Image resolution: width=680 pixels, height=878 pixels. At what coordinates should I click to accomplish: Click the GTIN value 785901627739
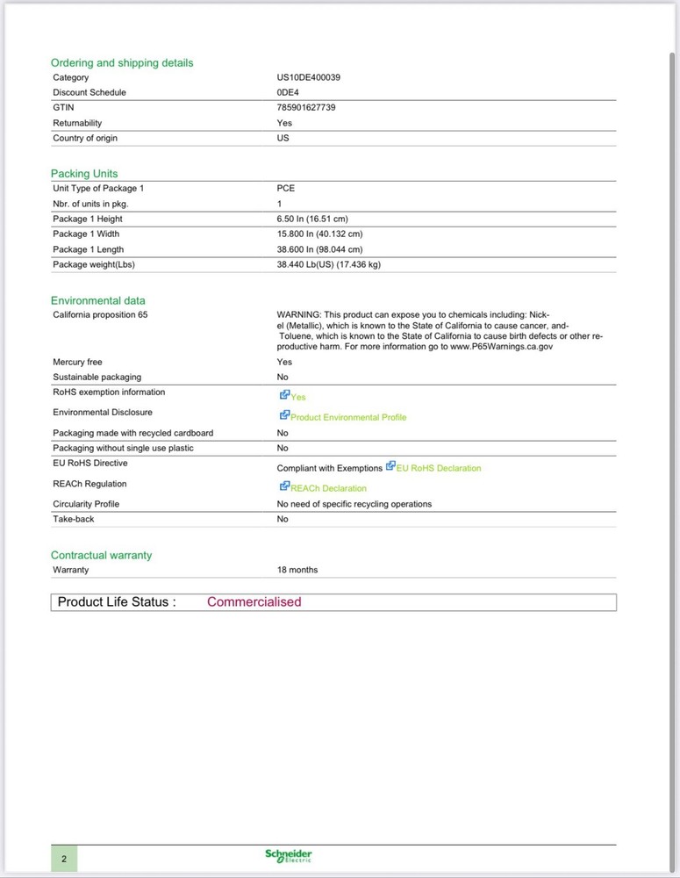click(306, 107)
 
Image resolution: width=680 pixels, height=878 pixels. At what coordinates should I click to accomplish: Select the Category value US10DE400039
click(308, 77)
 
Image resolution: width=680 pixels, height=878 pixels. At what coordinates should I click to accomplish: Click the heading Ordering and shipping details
click(122, 63)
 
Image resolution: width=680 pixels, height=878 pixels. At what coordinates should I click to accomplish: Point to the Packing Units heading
click(84, 174)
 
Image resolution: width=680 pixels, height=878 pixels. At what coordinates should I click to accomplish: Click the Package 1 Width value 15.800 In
click(319, 234)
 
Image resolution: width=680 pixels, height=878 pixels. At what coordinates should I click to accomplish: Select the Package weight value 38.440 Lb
click(328, 264)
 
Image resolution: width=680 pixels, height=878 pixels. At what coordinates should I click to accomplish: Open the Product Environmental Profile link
click(348, 417)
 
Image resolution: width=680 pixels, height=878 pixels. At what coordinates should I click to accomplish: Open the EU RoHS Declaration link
click(438, 468)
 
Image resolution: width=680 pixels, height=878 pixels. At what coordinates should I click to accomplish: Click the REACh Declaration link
click(328, 488)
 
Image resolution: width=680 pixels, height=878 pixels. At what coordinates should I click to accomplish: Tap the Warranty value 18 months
click(297, 570)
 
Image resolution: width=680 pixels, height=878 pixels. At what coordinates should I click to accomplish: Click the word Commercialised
click(254, 602)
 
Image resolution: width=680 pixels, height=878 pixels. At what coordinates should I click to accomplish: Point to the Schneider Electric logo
click(289, 856)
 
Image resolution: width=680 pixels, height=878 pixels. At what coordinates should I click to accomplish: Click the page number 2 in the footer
click(64, 858)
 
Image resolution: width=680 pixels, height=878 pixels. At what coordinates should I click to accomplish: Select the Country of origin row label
click(85, 138)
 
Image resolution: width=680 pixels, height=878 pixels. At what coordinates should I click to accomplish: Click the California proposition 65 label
click(100, 314)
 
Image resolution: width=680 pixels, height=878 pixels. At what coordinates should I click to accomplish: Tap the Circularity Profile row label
click(86, 504)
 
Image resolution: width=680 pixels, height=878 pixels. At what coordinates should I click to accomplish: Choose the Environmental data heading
click(98, 301)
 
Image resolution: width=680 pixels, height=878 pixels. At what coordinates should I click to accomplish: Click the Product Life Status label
click(117, 602)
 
